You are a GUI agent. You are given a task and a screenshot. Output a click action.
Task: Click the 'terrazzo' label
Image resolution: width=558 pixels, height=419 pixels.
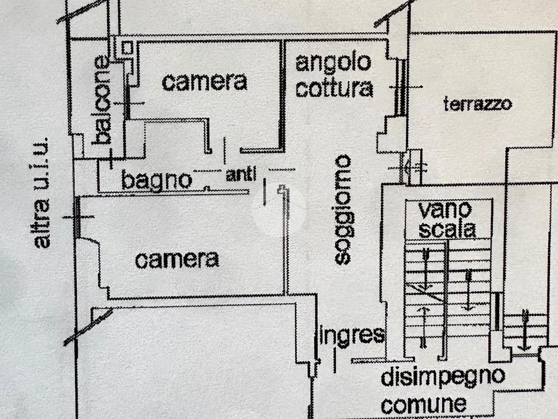tap(477, 104)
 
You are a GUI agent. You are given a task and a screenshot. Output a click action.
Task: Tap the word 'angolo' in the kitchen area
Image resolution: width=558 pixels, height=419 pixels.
tap(333, 63)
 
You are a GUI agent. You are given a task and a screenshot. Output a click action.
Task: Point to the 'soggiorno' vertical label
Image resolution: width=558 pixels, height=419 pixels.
tap(343, 210)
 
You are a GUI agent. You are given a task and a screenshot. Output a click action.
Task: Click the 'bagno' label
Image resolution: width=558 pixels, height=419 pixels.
tap(156, 179)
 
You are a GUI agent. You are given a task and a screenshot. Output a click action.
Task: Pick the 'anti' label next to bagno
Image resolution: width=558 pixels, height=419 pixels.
tap(240, 175)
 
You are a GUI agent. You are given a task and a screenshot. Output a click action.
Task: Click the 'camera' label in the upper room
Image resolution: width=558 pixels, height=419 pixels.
tap(204, 82)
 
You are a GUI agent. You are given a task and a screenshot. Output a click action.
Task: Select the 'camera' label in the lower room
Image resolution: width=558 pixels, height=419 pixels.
tap(177, 260)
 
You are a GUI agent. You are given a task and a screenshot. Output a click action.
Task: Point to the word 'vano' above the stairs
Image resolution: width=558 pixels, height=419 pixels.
tap(445, 209)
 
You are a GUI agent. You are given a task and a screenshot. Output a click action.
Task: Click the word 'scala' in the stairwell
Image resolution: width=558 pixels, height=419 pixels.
tap(447, 230)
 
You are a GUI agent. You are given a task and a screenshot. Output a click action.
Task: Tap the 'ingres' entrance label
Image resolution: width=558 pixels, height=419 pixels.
tap(351, 335)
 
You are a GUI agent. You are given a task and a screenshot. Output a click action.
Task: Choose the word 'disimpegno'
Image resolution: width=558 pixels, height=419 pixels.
tap(442, 377)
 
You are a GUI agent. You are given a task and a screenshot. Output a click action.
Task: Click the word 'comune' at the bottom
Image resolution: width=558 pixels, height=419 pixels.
tap(423, 404)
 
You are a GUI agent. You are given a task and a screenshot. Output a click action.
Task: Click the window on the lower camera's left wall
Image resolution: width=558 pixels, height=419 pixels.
tap(77, 217)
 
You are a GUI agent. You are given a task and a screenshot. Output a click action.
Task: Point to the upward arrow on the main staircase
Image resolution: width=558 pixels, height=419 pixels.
tap(423, 326)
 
